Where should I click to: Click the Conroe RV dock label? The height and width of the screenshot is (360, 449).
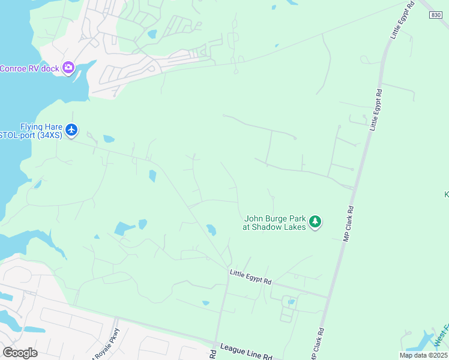pos(29,68)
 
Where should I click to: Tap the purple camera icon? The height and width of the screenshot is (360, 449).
pos(68,67)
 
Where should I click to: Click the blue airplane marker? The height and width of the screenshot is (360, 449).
pos(71,130)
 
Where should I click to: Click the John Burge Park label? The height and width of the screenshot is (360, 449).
pos(275,219)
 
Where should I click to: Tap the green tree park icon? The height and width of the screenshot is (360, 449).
pos(315,223)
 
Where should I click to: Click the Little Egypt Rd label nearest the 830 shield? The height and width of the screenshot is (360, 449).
pos(403,20)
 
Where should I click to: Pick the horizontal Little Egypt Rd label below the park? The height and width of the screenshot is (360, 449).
pos(250,277)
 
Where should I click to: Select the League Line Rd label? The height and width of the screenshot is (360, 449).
pos(246,351)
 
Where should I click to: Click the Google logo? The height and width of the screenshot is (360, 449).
pos(20,352)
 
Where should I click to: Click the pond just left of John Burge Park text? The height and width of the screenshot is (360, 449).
pos(211,229)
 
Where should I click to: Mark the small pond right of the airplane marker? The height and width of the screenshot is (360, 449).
pos(109,139)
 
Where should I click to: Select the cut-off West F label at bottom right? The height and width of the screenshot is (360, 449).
pos(441,336)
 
